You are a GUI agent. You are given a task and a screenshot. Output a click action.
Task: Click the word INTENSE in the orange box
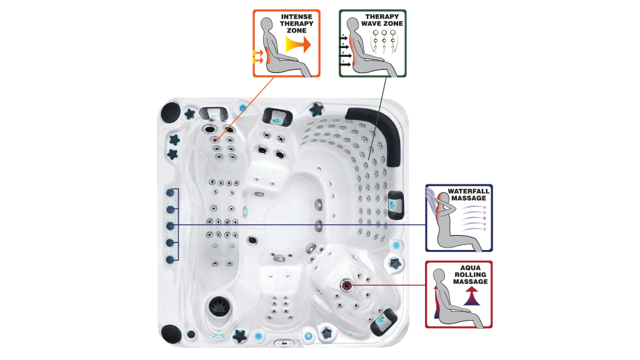click(x=296, y=17)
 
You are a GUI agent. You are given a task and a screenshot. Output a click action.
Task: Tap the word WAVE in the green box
click(x=371, y=24)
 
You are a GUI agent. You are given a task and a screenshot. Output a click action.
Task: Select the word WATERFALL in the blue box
click(x=469, y=191)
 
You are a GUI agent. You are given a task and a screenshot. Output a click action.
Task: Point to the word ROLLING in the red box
click(x=470, y=275)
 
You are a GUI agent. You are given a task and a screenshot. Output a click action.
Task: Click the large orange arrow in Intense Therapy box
click(x=299, y=44)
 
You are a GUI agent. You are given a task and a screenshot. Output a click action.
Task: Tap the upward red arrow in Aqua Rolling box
click(x=471, y=296)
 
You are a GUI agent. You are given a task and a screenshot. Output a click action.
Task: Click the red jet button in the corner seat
click(x=346, y=285)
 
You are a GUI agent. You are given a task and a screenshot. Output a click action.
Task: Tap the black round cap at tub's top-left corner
click(x=171, y=112)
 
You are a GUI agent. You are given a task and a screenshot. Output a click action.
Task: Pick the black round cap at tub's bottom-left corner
click(x=171, y=334)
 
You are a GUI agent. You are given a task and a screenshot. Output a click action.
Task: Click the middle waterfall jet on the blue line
click(x=170, y=226)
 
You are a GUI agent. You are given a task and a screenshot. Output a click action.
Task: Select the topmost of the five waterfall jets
click(x=170, y=192)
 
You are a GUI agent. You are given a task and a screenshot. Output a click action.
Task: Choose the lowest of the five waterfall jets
click(x=170, y=259)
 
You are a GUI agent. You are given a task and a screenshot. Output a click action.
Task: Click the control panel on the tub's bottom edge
click(x=284, y=343)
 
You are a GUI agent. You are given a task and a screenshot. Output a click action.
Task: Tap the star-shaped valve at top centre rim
click(x=316, y=109)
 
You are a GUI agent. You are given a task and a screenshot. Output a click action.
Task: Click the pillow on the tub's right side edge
click(x=395, y=205)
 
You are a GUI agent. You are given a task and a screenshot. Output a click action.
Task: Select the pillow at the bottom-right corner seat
click(x=384, y=321)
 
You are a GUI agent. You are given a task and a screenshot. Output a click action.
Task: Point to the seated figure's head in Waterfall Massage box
click(x=443, y=199)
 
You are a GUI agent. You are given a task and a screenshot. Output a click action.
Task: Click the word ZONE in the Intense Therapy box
click(x=296, y=31)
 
